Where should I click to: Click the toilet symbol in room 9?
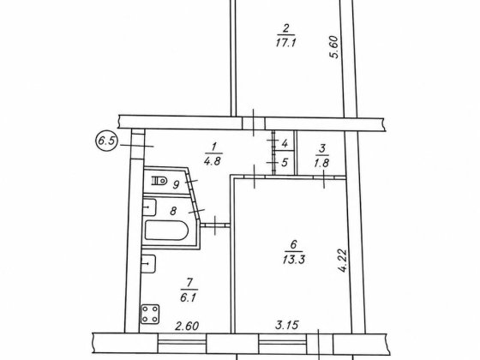(x=159, y=181)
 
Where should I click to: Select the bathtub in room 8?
(x=166, y=231)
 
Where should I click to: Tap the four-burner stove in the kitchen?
(x=150, y=314)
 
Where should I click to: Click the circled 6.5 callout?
(x=106, y=141)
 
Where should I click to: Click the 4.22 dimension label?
(x=343, y=261)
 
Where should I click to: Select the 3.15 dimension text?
(x=287, y=325)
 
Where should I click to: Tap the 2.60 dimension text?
(x=187, y=326)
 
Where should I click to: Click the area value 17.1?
(x=285, y=43)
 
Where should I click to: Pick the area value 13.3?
(x=294, y=260)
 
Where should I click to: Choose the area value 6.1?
(x=188, y=297)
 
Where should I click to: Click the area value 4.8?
(x=213, y=161)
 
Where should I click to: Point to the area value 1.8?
(x=321, y=163)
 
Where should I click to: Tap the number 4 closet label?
(x=285, y=143)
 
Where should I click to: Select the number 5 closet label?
(x=285, y=162)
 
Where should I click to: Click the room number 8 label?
(x=173, y=211)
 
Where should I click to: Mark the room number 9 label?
(x=176, y=185)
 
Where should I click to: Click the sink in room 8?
(x=150, y=207)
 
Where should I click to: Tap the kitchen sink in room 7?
(x=149, y=264)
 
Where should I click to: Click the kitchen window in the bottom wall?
(x=183, y=343)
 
